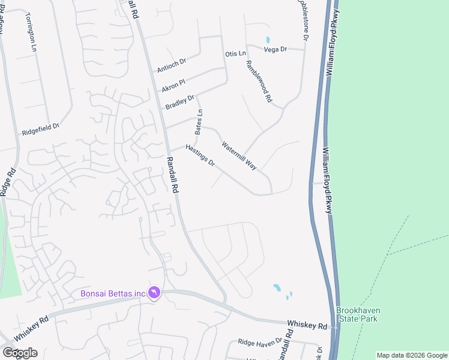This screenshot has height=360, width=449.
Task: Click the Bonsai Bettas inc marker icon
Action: click(155, 292)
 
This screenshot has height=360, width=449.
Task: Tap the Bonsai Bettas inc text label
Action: click(113, 293)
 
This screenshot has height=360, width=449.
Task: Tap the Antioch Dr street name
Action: click(172, 65)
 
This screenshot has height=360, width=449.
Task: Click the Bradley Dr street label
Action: click(179, 103)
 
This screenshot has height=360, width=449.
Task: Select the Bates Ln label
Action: click(199, 121)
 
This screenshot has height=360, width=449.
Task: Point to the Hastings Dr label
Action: click(200, 155)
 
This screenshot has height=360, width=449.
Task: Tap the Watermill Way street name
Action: click(239, 155)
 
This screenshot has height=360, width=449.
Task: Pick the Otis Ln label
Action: click(235, 54)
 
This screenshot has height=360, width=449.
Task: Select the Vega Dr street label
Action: click(276, 49)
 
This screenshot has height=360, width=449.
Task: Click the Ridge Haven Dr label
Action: click(259, 341)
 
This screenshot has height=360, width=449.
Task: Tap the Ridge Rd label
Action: click(7, 178)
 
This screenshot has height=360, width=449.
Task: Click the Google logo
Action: click(20, 352)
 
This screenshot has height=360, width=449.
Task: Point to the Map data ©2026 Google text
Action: click(411, 355)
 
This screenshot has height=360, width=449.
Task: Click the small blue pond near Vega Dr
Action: click(268, 40)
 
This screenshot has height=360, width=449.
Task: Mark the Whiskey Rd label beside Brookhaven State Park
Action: click(307, 325)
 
